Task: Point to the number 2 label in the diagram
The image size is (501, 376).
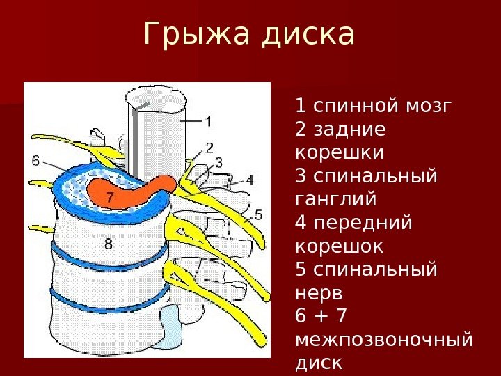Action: pos(208,147)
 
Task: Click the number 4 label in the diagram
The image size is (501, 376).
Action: pos(250,179)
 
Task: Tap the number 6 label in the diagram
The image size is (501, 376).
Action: pos(35,161)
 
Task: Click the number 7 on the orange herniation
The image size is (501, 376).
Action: pos(109,198)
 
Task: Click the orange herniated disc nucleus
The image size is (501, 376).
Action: pos(132,189)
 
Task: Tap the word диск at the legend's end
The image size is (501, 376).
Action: pos(319,363)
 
